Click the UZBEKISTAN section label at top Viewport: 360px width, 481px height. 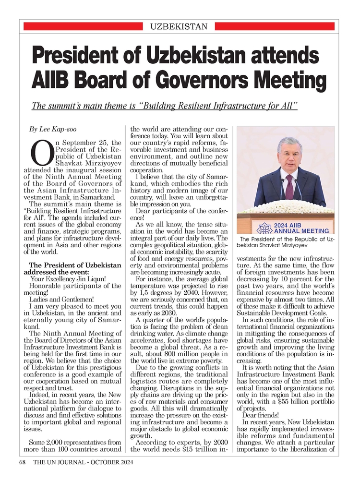tap(179, 26)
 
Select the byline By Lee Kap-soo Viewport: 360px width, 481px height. tap(53, 129)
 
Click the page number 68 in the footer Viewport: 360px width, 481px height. tap(22, 462)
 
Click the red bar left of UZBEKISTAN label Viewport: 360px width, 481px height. tap(82, 26)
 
